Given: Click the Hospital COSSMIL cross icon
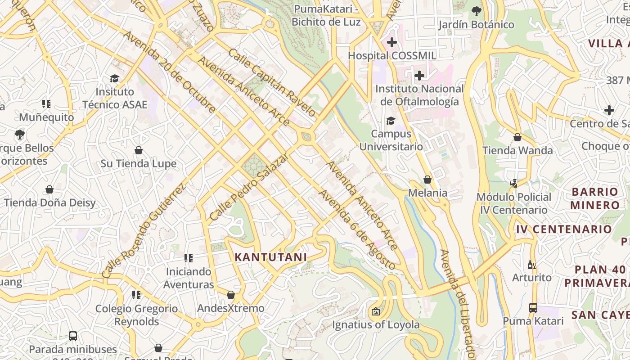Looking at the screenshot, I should pyautogui.click(x=392, y=43).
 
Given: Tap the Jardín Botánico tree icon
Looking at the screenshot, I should pyautogui.click(x=476, y=11).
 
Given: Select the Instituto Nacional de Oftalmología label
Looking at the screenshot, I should pyautogui.click(x=419, y=95).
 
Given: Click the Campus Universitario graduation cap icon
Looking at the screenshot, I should pyautogui.click(x=391, y=121).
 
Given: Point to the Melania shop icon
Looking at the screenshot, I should pyautogui.click(x=427, y=180).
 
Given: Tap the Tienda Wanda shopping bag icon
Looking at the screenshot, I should pyautogui.click(x=517, y=137).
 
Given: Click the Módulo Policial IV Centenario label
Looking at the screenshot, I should pyautogui.click(x=514, y=203).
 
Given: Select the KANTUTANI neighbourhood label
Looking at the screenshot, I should pyautogui.click(x=271, y=257).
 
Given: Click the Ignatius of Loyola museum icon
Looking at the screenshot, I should pyautogui.click(x=375, y=311).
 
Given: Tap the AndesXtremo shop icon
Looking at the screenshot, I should pyautogui.click(x=231, y=295).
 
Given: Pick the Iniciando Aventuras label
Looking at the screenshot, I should pyautogui.click(x=189, y=278).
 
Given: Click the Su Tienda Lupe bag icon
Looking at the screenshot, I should pyautogui.click(x=139, y=150).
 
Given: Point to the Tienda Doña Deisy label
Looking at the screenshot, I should pyautogui.click(x=50, y=202).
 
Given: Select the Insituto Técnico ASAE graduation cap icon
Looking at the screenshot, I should pyautogui.click(x=115, y=79).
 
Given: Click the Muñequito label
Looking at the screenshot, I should pyautogui.click(x=46, y=117).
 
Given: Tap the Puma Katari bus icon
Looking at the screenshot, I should pyautogui.click(x=533, y=308).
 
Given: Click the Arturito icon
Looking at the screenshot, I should pyautogui.click(x=532, y=265).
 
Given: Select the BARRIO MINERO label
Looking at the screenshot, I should pyautogui.click(x=595, y=198).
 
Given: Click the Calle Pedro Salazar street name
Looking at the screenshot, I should pyautogui.click(x=249, y=187).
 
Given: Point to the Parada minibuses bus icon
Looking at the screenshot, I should pyautogui.click(x=73, y=336).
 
